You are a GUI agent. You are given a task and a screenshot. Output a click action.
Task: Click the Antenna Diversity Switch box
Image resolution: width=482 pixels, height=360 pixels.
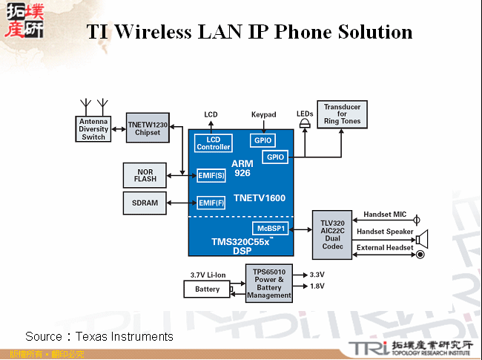tap(93, 129)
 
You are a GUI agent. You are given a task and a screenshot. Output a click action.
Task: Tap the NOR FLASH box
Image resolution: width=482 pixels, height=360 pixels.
tap(145, 176)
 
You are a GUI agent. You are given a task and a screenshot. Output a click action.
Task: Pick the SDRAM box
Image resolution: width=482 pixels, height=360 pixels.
tap(145, 202)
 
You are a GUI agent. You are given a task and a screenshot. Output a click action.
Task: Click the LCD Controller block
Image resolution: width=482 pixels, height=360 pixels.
tap(214, 143)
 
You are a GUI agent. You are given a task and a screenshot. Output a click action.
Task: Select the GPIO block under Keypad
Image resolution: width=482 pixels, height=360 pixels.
tap(263, 140)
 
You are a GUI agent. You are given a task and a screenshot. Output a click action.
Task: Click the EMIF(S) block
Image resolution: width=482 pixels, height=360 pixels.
tap(211, 175)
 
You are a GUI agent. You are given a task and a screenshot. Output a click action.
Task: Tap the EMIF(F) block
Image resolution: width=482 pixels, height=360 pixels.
tap(211, 202)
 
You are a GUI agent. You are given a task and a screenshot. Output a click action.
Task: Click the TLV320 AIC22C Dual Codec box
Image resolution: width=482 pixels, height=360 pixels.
tap(332, 235)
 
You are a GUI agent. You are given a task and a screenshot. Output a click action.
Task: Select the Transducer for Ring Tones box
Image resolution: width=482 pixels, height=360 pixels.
tap(342, 114)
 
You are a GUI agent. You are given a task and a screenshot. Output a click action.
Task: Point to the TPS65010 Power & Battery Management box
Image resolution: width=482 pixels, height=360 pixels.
tap(268, 283)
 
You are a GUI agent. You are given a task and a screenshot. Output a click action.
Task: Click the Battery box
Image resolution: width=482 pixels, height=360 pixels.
tap(207, 289)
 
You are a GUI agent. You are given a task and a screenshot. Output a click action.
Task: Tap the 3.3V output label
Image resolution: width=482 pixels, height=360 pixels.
tap(317, 274)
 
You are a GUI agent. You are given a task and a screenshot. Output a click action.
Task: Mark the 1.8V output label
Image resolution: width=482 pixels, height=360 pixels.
tap(317, 286)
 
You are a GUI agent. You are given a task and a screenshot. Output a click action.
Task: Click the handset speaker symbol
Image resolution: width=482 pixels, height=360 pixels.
tap(422, 238)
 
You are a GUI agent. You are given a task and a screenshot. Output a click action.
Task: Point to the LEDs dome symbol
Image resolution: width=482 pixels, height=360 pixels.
tap(304, 125)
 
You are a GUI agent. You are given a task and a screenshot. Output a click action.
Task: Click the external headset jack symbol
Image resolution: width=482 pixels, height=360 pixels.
tap(420, 255)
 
